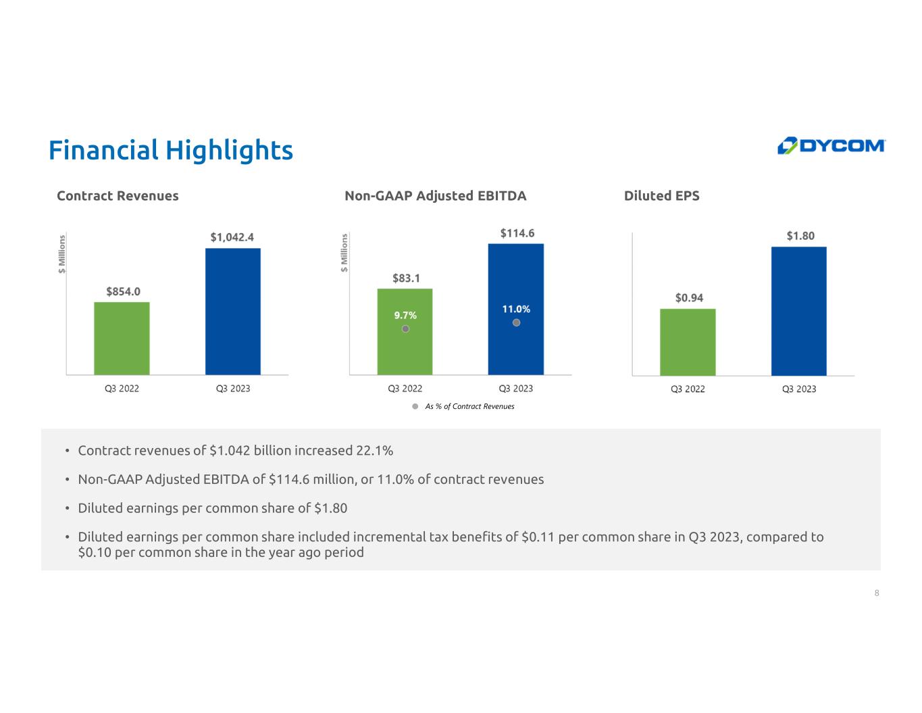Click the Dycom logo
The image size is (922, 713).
click(x=830, y=145)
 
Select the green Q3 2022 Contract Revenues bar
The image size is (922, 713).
click(x=122, y=338)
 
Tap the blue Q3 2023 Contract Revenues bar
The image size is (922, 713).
click(x=233, y=312)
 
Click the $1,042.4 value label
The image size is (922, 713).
click(x=232, y=237)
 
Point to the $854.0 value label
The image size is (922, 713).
click(x=123, y=291)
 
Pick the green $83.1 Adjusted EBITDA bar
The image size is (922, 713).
click(x=405, y=332)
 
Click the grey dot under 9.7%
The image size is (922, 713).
click(x=406, y=329)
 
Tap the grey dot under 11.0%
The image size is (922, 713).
click(x=516, y=322)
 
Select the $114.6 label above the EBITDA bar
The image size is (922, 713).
click(x=517, y=233)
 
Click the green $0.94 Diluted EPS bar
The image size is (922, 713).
click(x=688, y=342)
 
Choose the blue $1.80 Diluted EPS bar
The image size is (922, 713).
click(x=799, y=311)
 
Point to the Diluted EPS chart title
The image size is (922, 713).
click(x=661, y=195)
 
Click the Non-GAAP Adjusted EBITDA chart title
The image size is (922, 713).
click(x=435, y=195)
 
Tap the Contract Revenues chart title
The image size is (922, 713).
click(x=118, y=195)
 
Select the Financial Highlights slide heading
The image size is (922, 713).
click(x=171, y=150)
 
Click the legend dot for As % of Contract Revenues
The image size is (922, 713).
click(x=415, y=406)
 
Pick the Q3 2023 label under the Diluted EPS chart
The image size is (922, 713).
click(x=799, y=389)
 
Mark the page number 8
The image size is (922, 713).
click(x=877, y=593)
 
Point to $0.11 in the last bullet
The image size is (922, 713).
click(x=538, y=537)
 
